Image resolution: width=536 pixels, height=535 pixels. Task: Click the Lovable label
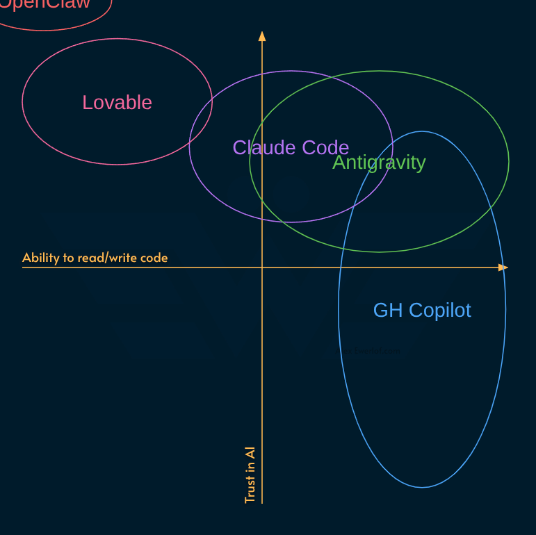(x=117, y=102)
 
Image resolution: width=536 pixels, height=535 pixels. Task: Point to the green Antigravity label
(x=379, y=163)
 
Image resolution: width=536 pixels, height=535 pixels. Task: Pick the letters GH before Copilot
(x=388, y=310)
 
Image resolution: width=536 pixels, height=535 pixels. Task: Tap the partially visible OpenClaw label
(x=45, y=4)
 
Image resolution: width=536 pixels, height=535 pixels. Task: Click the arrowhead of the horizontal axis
(x=503, y=267)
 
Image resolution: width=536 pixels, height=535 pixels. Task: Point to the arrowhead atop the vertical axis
(x=262, y=36)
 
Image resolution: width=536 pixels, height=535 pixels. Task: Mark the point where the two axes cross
(x=262, y=267)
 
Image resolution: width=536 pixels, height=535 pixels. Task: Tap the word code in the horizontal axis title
(x=154, y=258)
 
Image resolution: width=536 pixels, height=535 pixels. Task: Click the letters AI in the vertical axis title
(x=250, y=452)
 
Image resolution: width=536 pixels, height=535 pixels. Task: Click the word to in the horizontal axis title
(x=68, y=258)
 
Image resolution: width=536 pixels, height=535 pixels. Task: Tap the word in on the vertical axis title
(x=250, y=466)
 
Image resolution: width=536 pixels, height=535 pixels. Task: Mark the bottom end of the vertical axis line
(x=262, y=502)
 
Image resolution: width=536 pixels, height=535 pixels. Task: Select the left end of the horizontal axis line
(x=24, y=267)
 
